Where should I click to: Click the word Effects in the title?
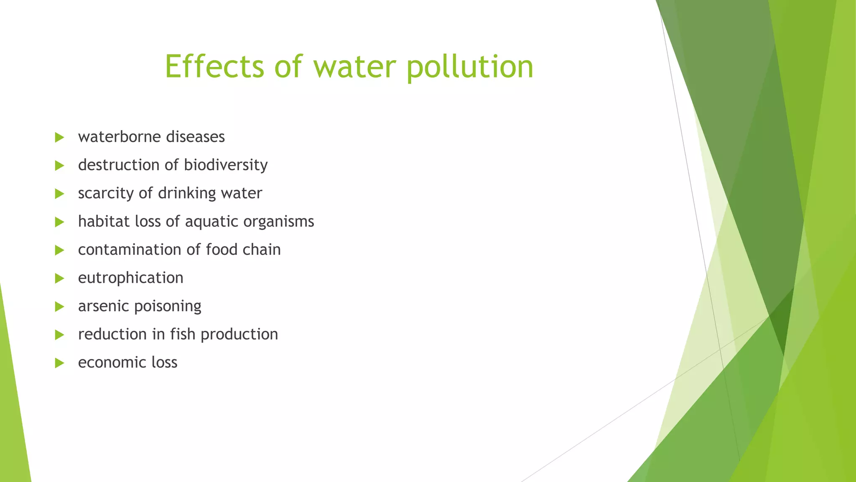214,67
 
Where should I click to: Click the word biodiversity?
226,165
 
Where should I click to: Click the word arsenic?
103,306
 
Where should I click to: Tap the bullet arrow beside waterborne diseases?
59,137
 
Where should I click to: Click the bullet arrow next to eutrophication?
59,278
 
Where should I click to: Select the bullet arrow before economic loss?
59,363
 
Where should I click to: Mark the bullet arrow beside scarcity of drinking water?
59,194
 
